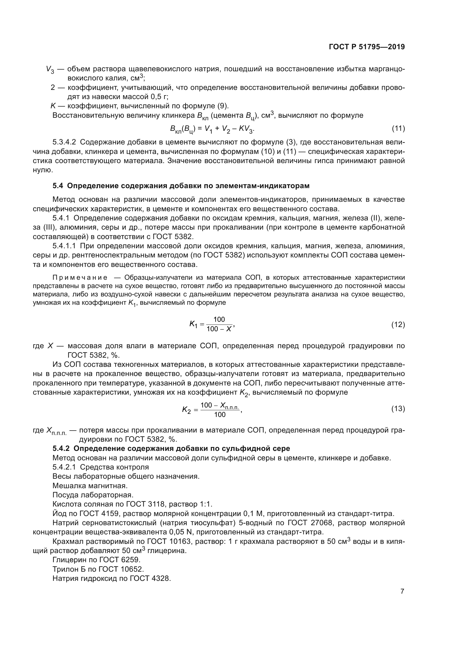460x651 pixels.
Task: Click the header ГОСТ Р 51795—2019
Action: [x=367, y=47]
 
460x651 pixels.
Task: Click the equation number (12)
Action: [x=398, y=324]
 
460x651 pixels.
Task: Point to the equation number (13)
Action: [x=398, y=409]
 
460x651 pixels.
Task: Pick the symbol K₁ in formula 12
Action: [x=194, y=324]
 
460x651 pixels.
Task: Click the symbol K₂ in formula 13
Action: [x=187, y=410]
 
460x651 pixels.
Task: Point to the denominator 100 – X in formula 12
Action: [x=219, y=329]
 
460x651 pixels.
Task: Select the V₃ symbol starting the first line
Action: [x=50, y=70]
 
